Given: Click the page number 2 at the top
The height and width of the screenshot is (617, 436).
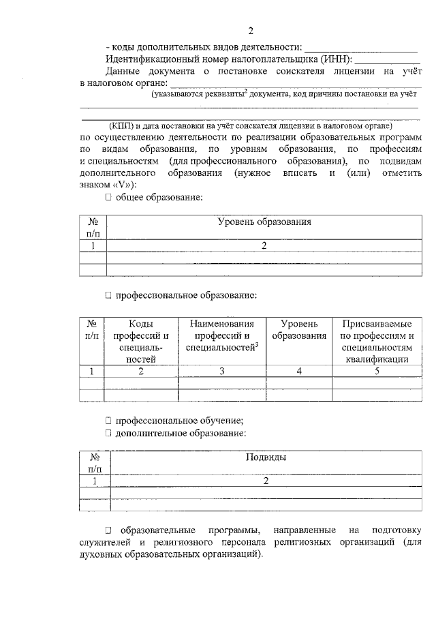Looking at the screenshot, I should click(251, 31).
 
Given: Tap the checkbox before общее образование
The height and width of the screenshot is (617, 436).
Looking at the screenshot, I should click(108, 198).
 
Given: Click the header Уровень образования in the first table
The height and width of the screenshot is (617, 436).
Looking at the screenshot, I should click(264, 222).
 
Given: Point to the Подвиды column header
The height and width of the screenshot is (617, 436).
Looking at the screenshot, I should click(265, 457).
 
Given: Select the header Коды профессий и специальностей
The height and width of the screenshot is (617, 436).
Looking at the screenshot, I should click(140, 340).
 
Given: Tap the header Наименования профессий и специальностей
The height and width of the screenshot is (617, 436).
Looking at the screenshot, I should click(221, 335).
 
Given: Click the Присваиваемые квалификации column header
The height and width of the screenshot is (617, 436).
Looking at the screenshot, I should click(377, 340).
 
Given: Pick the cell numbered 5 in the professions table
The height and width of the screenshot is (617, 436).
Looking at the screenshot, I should click(377, 371).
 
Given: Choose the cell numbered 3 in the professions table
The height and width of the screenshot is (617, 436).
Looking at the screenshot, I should click(221, 371).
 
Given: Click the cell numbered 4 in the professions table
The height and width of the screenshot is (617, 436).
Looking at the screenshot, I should click(298, 371).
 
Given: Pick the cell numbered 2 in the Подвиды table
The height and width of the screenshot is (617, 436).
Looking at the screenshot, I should click(265, 481).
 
